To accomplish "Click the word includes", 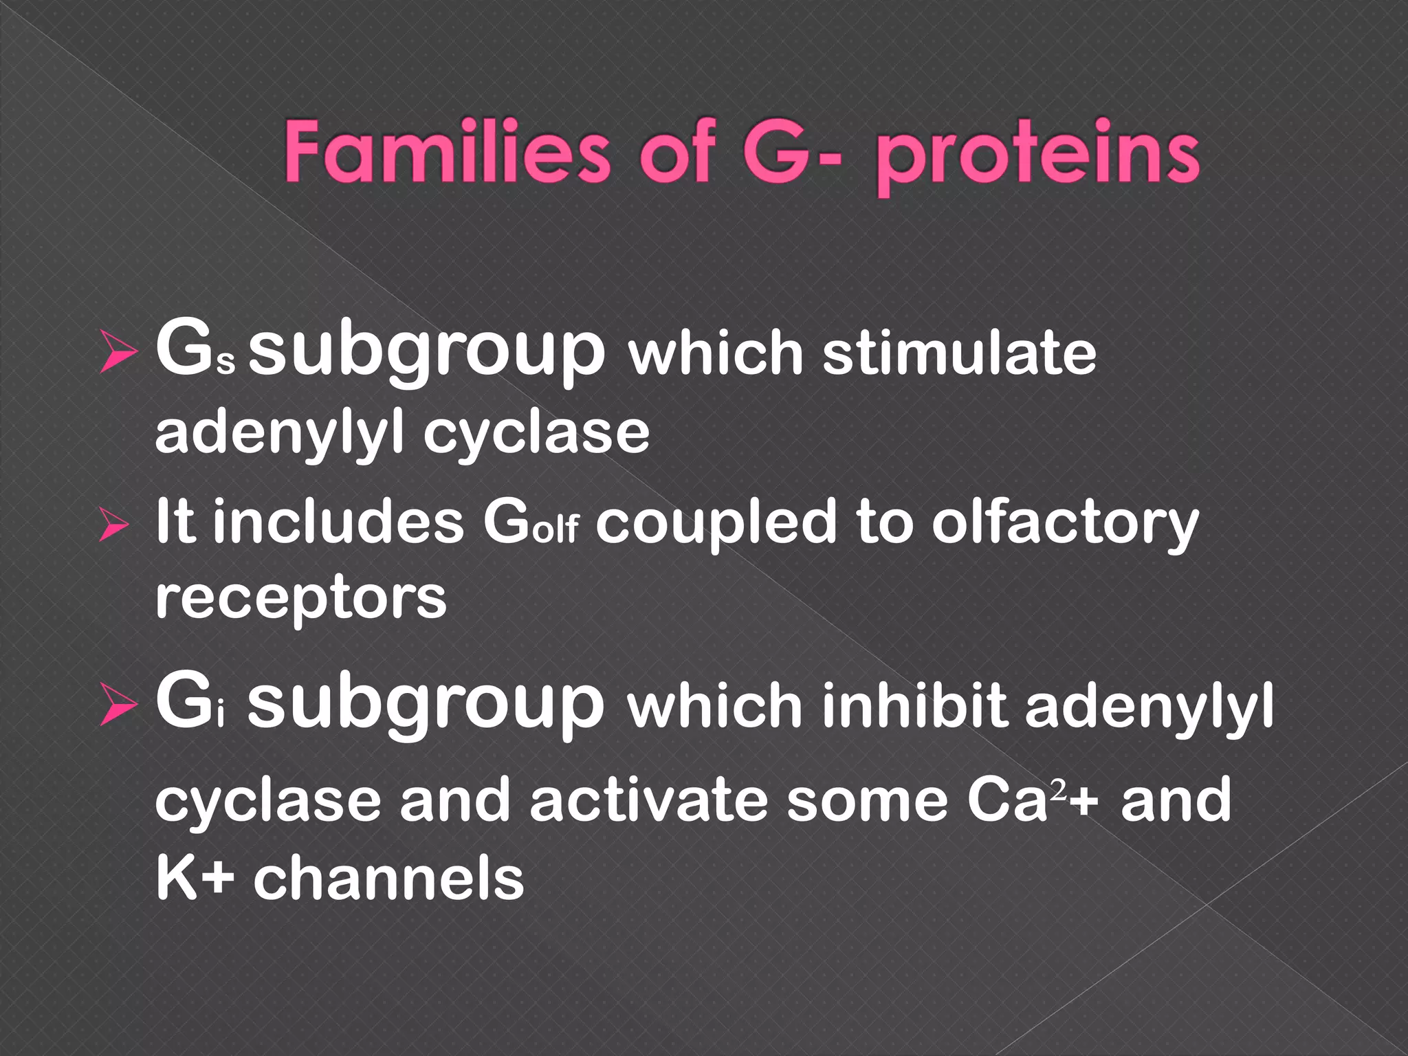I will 338,522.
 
